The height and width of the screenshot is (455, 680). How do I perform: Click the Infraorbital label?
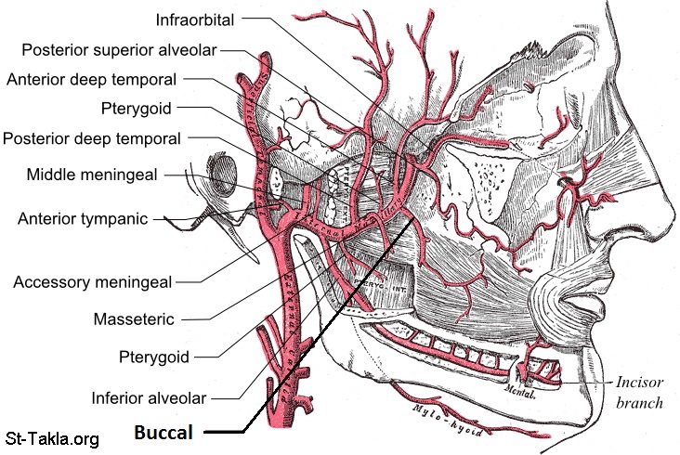click(x=195, y=19)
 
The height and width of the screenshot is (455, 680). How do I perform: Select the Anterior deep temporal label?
click(x=92, y=79)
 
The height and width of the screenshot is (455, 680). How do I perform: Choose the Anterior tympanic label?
click(x=84, y=219)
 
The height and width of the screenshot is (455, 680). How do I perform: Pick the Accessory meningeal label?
click(x=93, y=280)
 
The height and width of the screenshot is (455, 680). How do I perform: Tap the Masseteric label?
click(x=134, y=318)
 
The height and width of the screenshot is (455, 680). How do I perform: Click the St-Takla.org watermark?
click(x=52, y=438)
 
